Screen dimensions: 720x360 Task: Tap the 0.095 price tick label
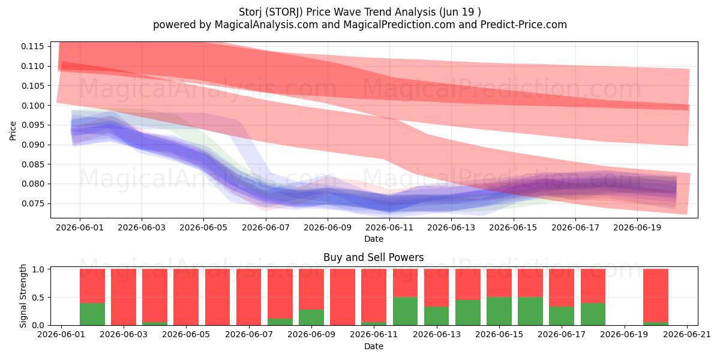32,125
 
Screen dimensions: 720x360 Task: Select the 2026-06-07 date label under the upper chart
265,227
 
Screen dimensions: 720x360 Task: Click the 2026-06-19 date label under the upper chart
637,227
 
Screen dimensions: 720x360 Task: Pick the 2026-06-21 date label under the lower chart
687,335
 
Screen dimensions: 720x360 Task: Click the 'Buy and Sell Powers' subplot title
373,257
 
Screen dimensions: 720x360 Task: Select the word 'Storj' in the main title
250,12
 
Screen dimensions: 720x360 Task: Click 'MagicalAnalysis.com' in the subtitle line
266,25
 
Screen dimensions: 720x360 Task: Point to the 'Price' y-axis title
13,131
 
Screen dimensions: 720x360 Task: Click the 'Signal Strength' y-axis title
23,296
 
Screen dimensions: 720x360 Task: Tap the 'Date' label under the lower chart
373,347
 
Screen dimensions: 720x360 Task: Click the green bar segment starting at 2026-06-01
92,314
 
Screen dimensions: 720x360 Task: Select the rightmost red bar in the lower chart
656,295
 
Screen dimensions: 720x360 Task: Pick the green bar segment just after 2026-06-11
405,311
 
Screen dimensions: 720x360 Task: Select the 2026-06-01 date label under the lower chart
61,335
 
